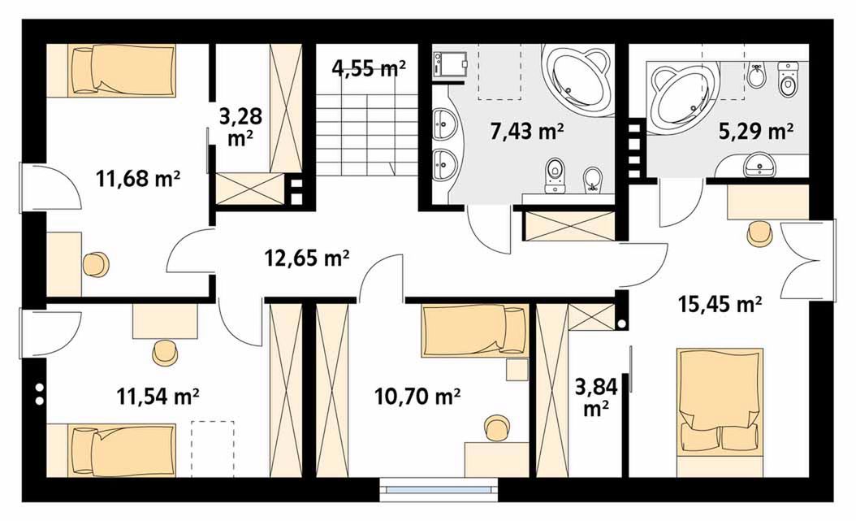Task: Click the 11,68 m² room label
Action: (x=138, y=179)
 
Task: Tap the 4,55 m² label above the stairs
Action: (x=369, y=69)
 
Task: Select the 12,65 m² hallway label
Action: (x=307, y=257)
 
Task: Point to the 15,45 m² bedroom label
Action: (x=720, y=303)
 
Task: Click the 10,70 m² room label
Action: (x=417, y=397)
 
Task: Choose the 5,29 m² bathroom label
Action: (x=755, y=131)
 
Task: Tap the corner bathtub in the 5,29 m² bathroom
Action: (x=682, y=99)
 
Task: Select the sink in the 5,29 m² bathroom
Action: (x=759, y=164)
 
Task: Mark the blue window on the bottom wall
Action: (x=439, y=490)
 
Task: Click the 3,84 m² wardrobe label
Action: (x=596, y=397)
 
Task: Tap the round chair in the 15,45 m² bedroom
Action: (x=759, y=234)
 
